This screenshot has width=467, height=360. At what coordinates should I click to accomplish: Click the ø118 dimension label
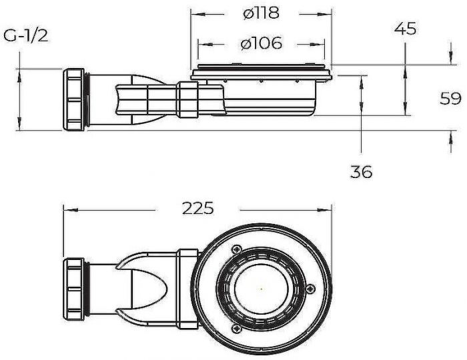pyautogui.click(x=261, y=13)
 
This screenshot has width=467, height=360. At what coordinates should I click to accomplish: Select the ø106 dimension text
pyautogui.click(x=261, y=44)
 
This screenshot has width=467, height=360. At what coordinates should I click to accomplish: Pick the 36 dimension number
pyautogui.click(x=361, y=171)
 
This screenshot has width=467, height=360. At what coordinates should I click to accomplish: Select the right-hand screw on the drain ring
pyautogui.click(x=310, y=288)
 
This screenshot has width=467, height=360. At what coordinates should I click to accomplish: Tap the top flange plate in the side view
pyautogui.click(x=261, y=69)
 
